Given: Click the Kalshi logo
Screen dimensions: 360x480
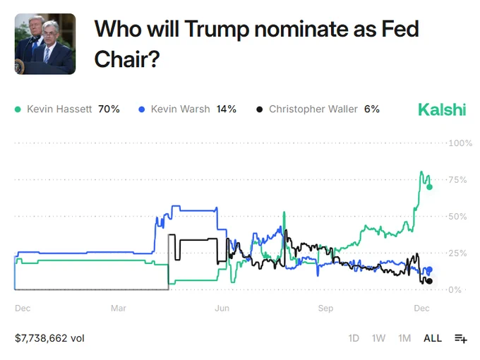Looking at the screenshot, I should point(442,109).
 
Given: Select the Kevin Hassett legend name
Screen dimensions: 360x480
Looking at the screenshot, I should point(59,109).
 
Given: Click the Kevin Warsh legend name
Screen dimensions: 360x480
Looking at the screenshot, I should point(180,109).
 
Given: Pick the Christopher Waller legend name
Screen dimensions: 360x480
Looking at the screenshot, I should point(313,109).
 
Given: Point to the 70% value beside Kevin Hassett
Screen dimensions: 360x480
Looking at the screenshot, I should point(109,109).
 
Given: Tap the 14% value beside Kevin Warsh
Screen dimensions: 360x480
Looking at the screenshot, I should point(226,109).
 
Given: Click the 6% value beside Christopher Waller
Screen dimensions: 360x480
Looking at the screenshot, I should point(371,109).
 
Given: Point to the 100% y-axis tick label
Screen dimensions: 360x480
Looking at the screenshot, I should point(460,143).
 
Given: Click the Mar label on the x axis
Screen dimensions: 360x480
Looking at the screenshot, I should point(118,308).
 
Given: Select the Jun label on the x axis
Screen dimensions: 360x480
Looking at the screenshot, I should point(222,308).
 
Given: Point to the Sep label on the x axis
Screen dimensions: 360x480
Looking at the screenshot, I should point(325,308).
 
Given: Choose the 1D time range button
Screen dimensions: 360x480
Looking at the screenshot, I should point(354,338).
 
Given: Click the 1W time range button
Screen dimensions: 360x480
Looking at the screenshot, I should point(378,338).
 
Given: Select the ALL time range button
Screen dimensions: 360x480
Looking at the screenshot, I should point(433,338).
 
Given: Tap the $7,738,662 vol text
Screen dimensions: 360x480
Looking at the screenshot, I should point(49,338).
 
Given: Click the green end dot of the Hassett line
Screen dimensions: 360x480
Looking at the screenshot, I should point(429,187).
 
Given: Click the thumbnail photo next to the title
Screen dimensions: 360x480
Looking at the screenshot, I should point(45,44).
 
